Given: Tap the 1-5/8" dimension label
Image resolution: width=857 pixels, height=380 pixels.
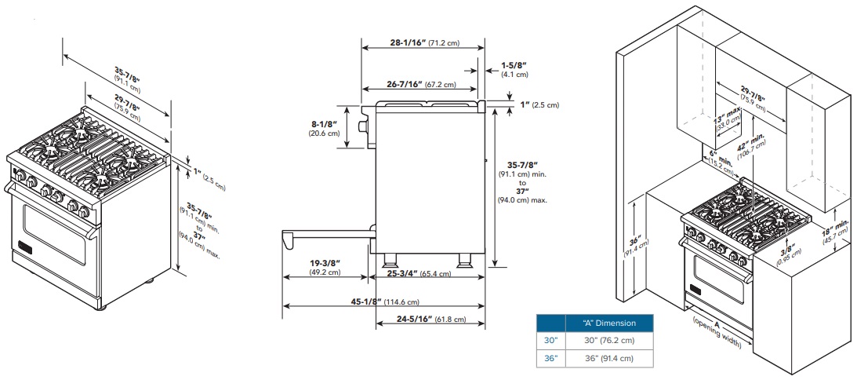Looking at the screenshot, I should click(514, 68).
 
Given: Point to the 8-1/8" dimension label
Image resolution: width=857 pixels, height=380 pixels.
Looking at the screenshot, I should click(324, 127).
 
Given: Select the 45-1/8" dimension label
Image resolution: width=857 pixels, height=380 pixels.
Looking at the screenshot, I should click(383, 301).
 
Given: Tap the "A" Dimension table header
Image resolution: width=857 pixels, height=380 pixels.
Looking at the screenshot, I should click(609, 323).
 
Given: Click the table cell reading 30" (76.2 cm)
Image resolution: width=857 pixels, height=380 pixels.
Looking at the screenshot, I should click(609, 341).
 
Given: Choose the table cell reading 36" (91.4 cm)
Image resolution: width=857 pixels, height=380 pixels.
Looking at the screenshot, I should click(609, 359).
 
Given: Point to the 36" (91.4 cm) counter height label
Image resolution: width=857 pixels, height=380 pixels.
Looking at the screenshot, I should click(637, 247).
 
